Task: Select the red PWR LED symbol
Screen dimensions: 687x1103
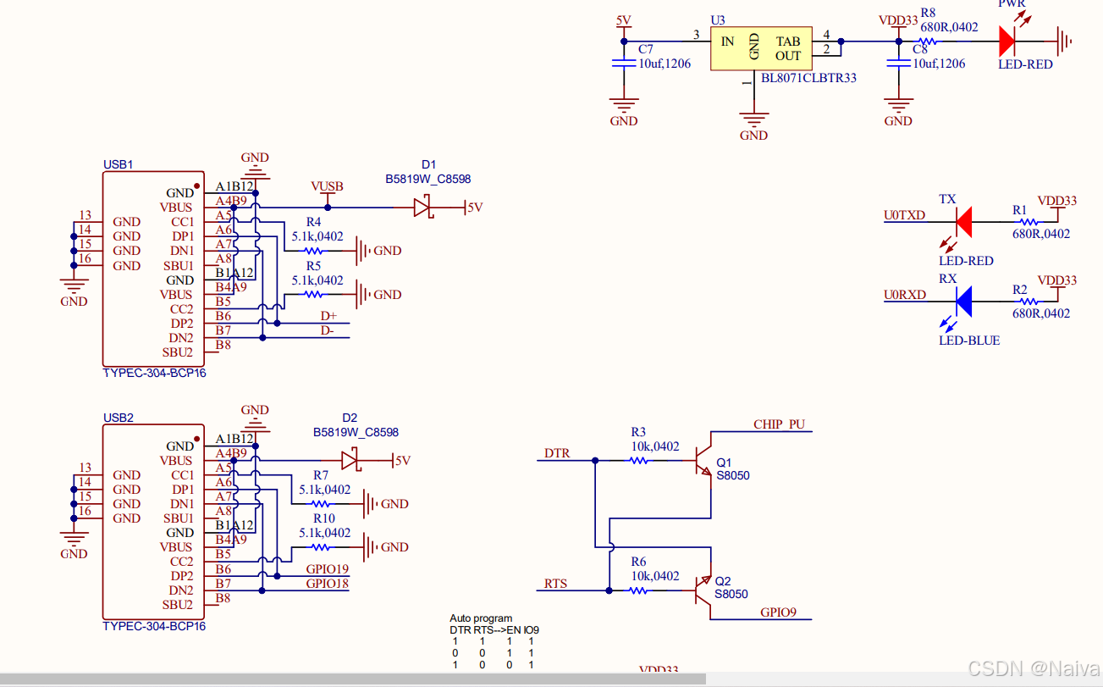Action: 1007,40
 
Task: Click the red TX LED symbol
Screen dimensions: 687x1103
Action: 962,221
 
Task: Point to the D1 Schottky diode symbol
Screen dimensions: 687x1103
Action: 423,207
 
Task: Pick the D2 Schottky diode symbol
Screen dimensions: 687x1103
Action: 350,461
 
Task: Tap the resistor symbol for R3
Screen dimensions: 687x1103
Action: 638,461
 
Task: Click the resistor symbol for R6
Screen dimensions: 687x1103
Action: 638,590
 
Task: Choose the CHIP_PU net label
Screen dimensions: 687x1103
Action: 779,424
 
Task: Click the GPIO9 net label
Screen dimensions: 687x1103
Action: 778,612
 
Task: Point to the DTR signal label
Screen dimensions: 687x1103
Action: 556,453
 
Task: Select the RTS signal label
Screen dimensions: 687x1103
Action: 555,584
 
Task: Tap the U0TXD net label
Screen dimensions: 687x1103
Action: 904,215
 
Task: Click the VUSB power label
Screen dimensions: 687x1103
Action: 327,186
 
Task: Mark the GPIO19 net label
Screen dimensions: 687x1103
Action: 327,569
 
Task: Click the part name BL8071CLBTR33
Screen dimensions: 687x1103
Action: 808,78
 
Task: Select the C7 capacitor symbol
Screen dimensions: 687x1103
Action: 624,62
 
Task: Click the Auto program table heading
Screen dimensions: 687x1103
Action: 481,618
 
